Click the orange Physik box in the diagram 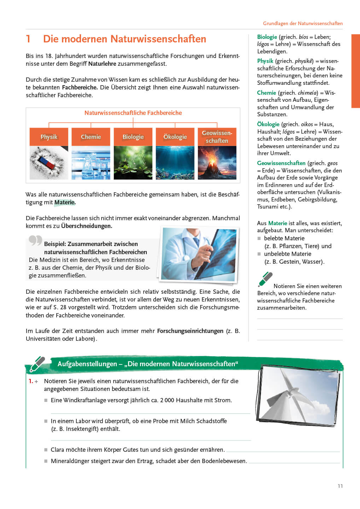49,137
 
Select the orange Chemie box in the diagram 91,137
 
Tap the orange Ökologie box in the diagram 175,137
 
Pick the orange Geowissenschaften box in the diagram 217,137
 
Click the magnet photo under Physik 49,163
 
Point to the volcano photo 217,163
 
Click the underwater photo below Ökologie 175,163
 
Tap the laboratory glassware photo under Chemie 91,163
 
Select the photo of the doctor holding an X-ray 199,255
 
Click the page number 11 340,486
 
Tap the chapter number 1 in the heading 28,39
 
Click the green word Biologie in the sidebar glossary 267,37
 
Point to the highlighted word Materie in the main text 64,202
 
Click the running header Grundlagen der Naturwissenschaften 303,23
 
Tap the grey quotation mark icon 35,240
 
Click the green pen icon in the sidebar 266,279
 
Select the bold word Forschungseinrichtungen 190,331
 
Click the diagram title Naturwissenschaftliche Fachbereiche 133,113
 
